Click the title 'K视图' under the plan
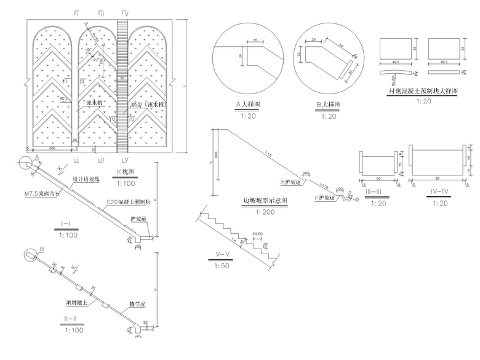tap(126, 171)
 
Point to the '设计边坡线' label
tap(86, 180)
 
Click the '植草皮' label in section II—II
tap(137, 303)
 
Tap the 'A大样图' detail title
tap(248, 105)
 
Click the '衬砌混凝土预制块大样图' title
tap(424, 91)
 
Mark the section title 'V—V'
tap(223, 256)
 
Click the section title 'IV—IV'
tap(436, 193)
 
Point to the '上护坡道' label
tap(290, 182)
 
